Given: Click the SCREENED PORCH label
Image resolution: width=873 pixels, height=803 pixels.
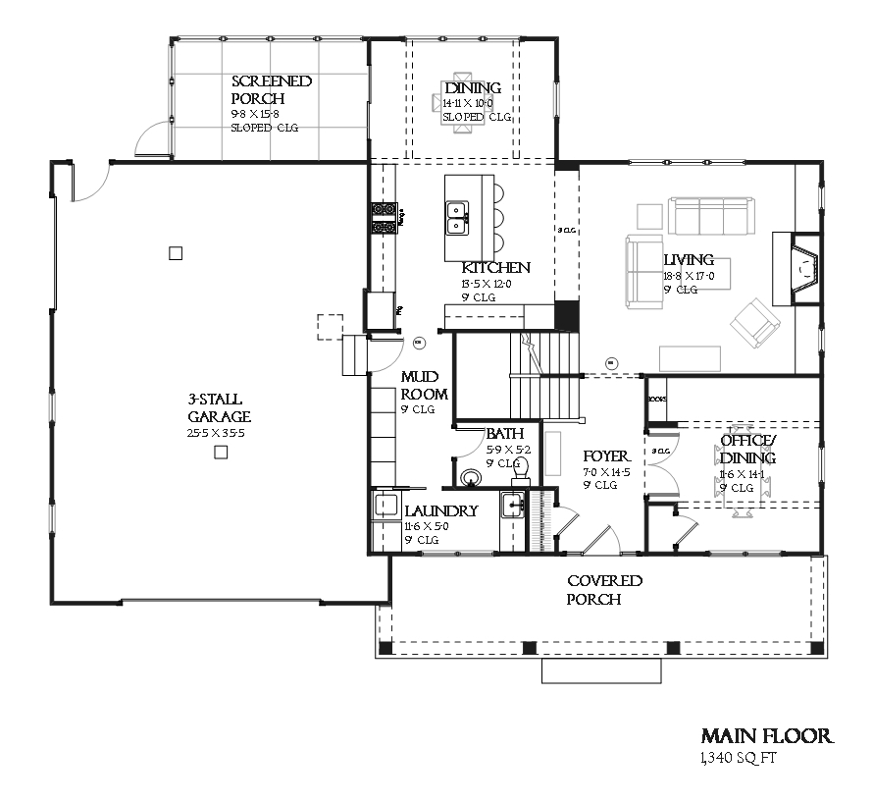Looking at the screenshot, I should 272,89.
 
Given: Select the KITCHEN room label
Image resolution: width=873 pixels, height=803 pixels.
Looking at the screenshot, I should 495,268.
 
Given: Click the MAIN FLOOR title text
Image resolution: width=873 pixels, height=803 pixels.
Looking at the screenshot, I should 767,736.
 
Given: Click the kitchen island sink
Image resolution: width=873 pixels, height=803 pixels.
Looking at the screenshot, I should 457,217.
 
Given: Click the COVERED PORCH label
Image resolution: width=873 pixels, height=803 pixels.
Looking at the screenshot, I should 604,590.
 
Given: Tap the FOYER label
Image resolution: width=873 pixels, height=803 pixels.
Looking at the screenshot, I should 606,456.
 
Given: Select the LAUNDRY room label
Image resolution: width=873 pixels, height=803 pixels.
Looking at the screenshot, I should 440,511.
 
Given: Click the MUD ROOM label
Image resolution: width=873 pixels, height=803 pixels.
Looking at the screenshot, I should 425,386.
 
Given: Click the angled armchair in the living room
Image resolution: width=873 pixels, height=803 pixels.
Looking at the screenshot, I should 753,322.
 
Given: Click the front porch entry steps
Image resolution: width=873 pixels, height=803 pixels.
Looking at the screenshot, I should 601,670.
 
